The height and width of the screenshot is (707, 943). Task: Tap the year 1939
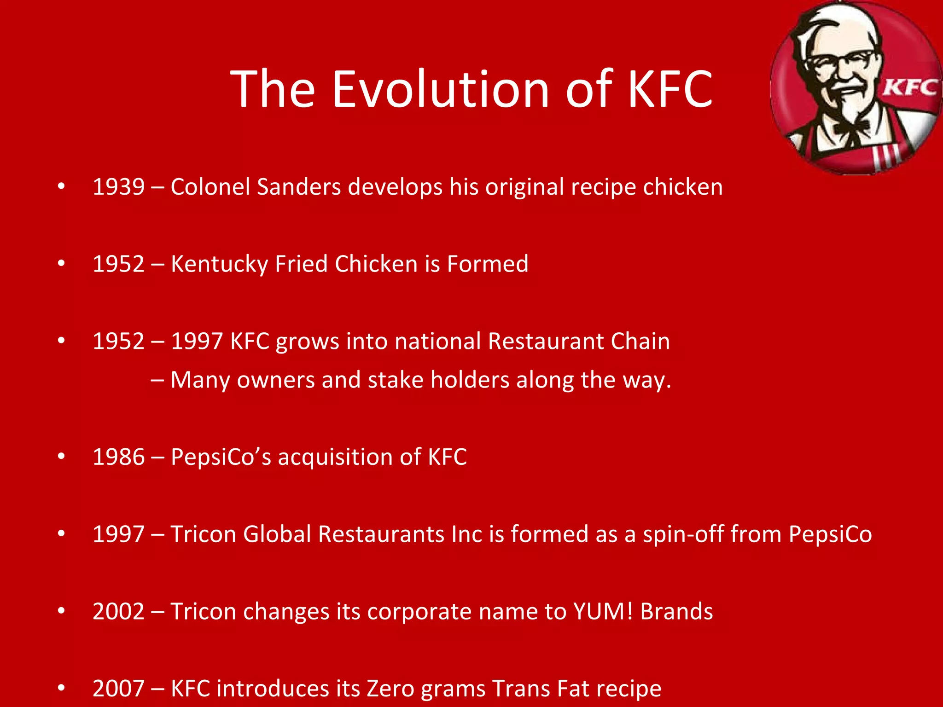coord(118,187)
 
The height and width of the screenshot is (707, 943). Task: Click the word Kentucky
coord(219,264)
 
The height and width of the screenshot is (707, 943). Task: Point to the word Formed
coord(488,264)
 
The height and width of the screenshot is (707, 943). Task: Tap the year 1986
coord(118,457)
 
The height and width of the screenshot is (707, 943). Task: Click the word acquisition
coord(335,457)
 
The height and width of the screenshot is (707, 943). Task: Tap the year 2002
coord(118,612)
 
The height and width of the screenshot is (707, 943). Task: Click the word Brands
coord(676,612)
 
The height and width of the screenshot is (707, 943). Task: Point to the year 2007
coord(118,689)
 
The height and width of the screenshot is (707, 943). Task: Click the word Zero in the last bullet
coord(390,689)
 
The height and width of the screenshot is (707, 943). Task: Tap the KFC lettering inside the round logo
coord(909,87)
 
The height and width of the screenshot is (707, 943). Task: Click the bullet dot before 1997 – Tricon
coord(61,534)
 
